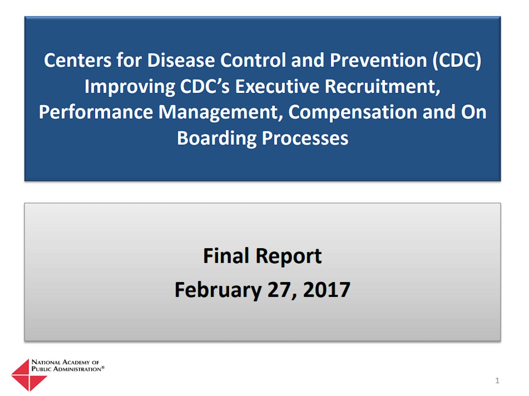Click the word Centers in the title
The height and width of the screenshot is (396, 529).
point(78,60)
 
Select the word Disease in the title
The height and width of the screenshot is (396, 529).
point(181,60)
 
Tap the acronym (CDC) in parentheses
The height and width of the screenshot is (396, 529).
point(457,61)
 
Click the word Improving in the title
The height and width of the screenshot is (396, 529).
point(130,87)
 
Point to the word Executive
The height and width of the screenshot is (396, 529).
point(277,86)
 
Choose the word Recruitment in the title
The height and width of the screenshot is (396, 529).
point(383,87)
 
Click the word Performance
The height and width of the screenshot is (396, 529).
point(96,112)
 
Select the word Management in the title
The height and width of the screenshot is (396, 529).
point(220,113)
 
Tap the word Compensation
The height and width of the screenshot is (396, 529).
point(353,113)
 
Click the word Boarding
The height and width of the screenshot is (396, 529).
point(217,139)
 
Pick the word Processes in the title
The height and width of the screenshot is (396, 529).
point(305,139)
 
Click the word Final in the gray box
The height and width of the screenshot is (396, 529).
point(226,256)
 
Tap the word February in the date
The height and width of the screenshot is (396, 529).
point(218,290)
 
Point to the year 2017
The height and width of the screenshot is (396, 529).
point(326,290)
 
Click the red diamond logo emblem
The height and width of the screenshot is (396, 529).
point(29,375)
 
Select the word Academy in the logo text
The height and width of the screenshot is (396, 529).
point(76,362)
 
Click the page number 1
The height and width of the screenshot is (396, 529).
point(497,380)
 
